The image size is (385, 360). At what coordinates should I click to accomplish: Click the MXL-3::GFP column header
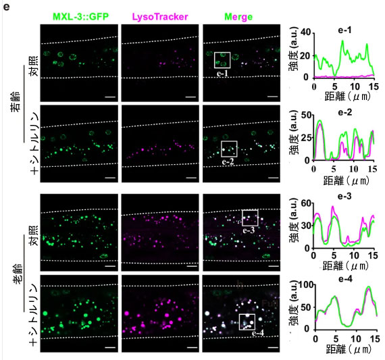pos(81,17)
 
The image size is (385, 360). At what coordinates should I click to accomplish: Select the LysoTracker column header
pos(160,17)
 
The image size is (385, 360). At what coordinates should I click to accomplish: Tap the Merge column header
pos(238,17)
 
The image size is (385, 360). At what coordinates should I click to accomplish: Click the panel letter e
pos(6,7)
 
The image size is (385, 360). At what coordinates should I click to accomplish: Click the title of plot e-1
pos(344,30)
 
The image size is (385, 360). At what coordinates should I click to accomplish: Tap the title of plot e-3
pos(344,197)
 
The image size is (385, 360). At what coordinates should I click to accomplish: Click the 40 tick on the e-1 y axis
pos(306,32)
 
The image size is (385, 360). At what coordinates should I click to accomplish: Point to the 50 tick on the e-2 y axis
pos(305,115)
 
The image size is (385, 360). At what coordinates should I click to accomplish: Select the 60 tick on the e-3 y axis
pos(305,203)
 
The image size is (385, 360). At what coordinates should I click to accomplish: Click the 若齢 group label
pos(16,102)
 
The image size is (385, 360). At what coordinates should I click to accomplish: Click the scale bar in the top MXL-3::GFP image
pos(110,97)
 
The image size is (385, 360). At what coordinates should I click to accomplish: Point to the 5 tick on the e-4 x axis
pos(336,339)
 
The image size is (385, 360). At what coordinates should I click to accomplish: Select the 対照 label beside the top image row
pos(34,66)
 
